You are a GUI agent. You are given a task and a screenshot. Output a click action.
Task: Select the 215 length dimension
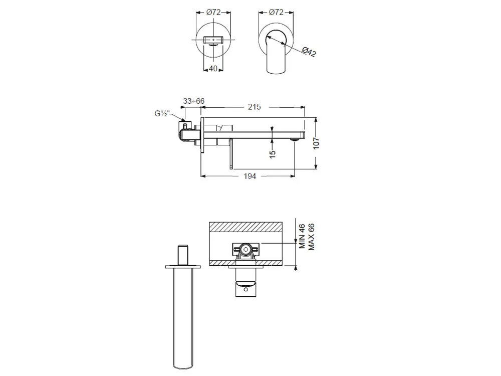point(255,107)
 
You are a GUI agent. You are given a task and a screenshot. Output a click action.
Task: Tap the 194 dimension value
point(250,176)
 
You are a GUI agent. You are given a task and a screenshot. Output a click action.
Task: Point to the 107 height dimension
point(316,143)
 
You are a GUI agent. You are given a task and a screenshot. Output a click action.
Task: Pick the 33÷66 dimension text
point(193,101)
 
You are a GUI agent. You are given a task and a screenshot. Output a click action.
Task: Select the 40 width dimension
point(213,68)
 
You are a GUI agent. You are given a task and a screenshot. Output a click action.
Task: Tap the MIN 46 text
point(302,236)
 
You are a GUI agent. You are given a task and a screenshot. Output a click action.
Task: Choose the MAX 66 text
point(311,237)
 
